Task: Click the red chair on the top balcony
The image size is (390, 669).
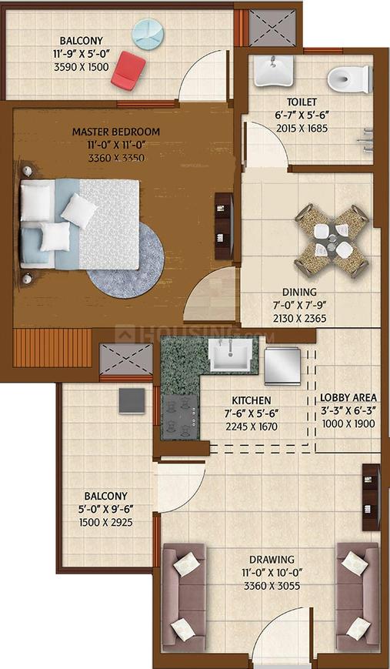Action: point(128,70)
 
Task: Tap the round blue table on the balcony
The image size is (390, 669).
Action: point(148,34)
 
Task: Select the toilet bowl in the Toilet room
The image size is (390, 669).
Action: point(350,79)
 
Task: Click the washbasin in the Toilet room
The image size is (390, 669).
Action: point(273,70)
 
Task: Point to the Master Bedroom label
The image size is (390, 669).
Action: point(116,132)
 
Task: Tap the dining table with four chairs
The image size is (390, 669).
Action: point(332,241)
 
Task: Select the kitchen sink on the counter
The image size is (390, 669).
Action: point(229,355)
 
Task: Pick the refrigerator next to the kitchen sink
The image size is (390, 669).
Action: point(282,366)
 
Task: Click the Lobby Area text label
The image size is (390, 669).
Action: point(348,398)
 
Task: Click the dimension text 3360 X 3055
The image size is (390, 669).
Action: point(272,586)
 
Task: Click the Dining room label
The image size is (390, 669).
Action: point(299,293)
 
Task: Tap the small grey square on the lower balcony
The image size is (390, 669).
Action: point(132,401)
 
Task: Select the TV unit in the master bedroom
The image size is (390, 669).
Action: point(224,226)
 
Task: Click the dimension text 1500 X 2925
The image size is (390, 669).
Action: point(105,522)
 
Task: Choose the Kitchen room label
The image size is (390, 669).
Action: point(251,400)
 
